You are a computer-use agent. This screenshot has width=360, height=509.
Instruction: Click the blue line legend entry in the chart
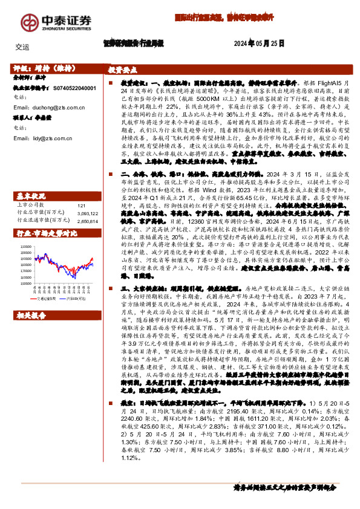[x=74, y=298]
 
